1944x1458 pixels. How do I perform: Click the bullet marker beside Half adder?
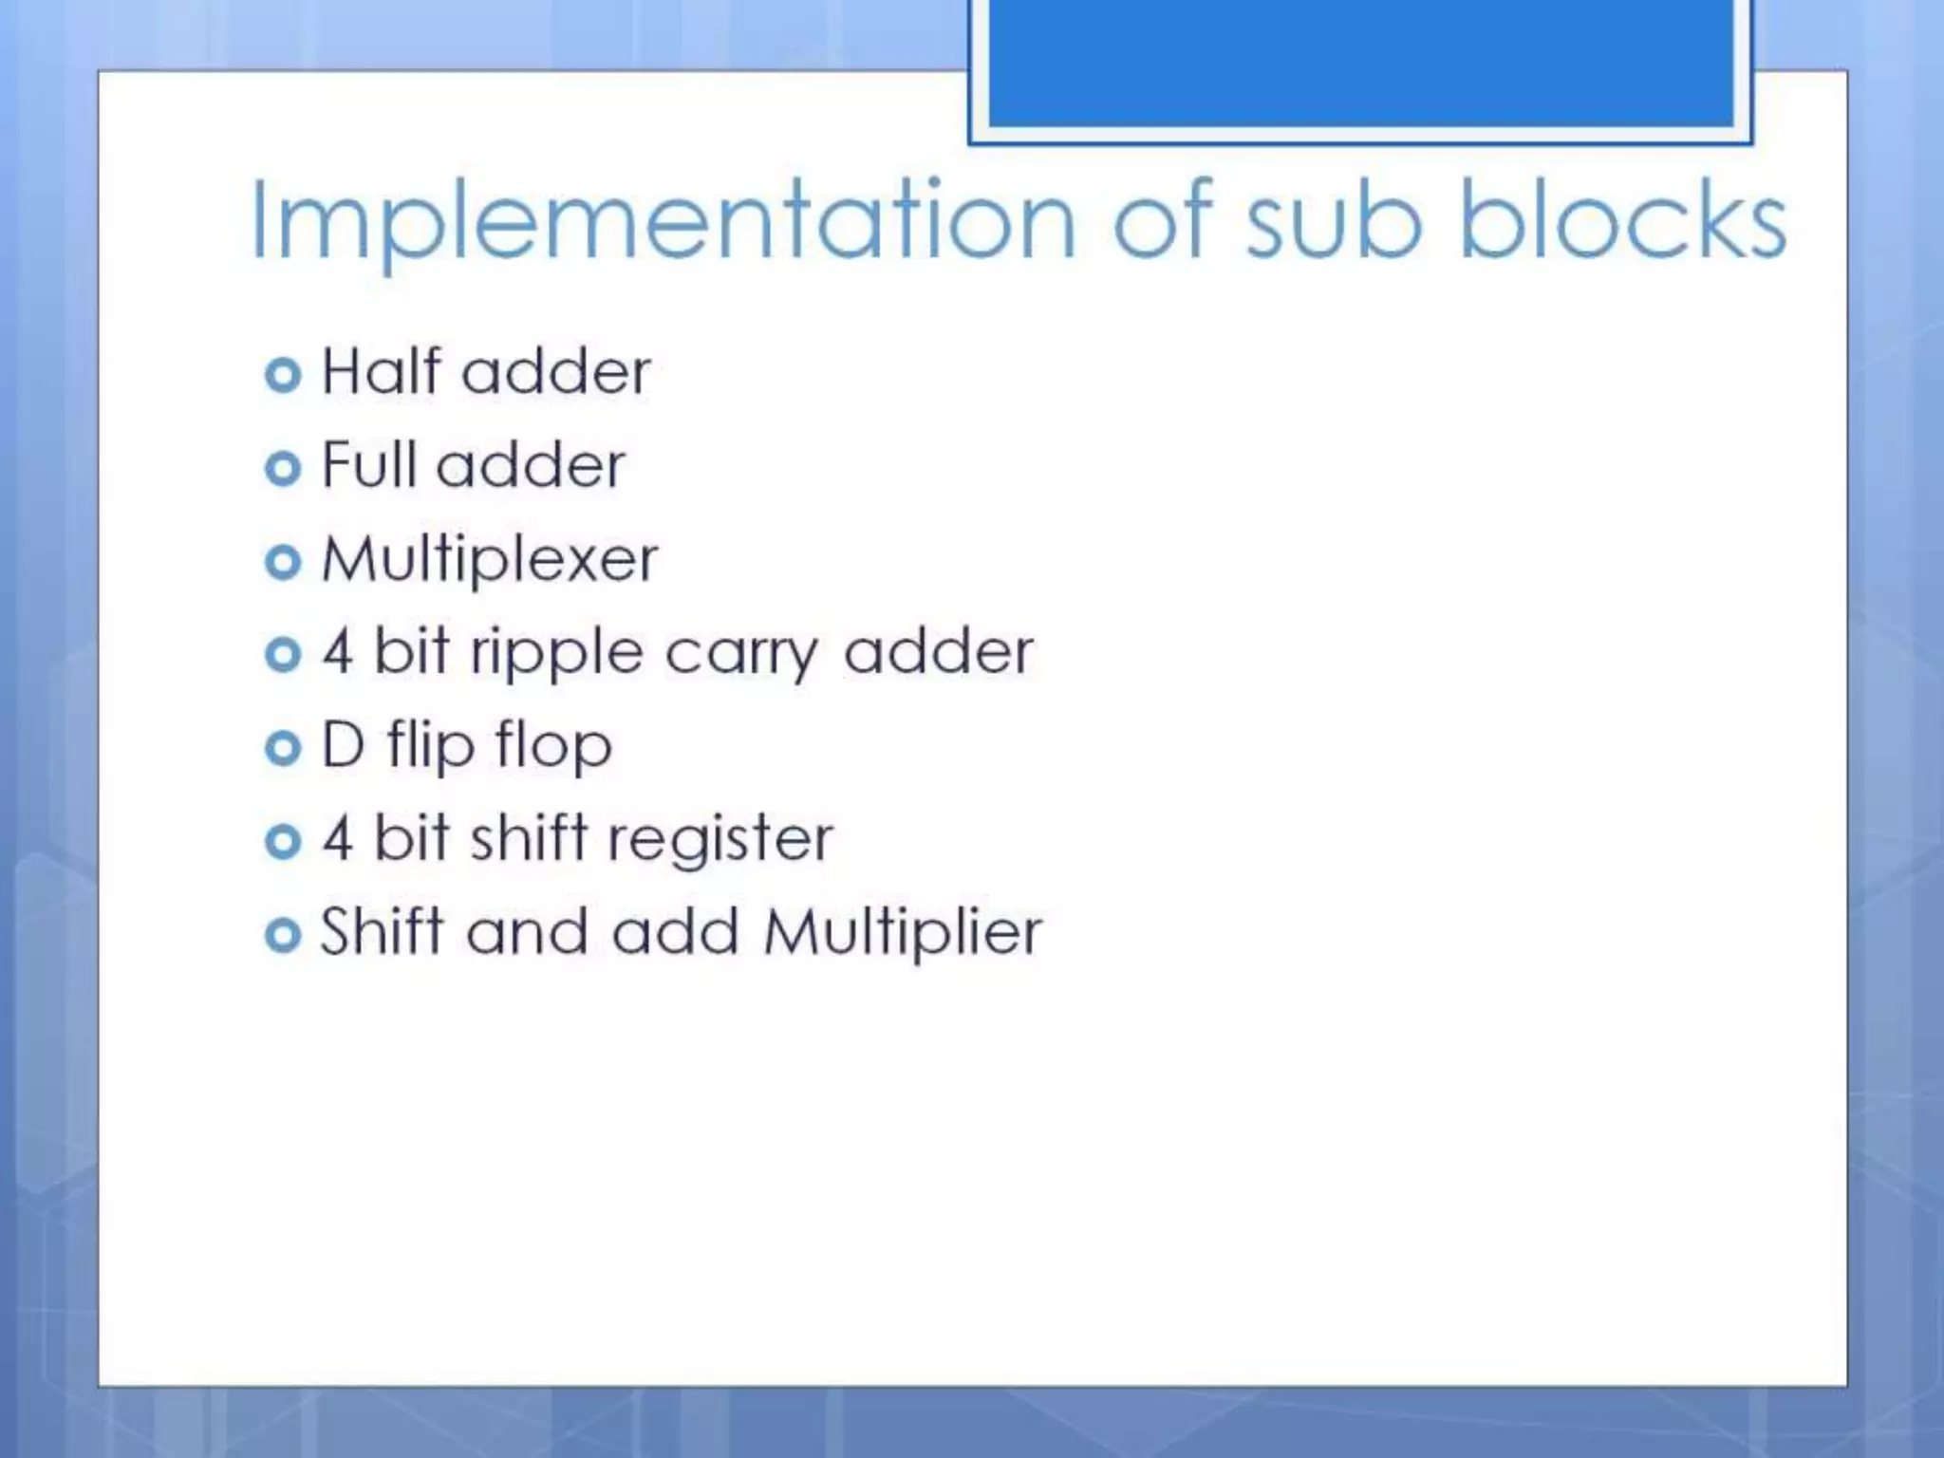coord(283,375)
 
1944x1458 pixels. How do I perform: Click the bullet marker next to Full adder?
coord(283,468)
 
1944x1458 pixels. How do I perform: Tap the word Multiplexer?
coord(490,558)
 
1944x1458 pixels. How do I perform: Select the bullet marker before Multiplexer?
coord(283,562)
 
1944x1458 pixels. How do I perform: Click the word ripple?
coord(557,653)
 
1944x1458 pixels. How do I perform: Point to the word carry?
coord(740,653)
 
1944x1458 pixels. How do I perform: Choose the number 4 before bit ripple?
coord(338,651)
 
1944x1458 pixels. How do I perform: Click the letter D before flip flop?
coord(343,744)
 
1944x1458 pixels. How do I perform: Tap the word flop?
coord(553,746)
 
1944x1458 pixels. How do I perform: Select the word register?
coord(720,839)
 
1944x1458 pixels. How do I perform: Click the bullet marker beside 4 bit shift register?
coord(283,841)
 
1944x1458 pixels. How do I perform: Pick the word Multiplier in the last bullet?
coord(903,932)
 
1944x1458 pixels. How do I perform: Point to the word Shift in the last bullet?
coord(382,930)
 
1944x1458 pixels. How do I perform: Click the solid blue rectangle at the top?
coord(1360,62)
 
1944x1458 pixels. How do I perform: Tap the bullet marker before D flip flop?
coord(283,748)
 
